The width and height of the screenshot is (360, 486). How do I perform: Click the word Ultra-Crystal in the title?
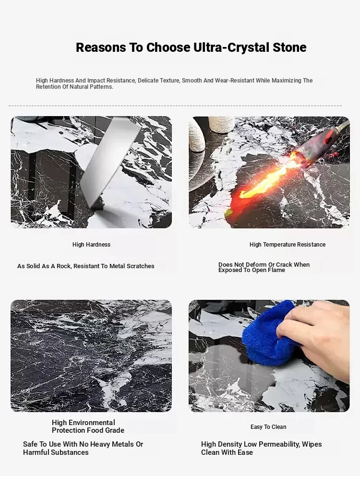pos(231,47)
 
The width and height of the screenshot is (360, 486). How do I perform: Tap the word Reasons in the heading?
pos(101,47)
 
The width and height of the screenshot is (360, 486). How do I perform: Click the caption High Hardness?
pos(92,245)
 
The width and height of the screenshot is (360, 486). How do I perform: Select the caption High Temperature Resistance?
pos(288,245)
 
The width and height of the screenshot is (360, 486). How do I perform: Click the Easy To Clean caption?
pos(268,427)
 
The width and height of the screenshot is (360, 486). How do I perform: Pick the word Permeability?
pos(278,444)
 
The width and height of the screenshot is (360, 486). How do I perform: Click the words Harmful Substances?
pos(56,452)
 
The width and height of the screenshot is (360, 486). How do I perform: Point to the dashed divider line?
pos(175,106)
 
